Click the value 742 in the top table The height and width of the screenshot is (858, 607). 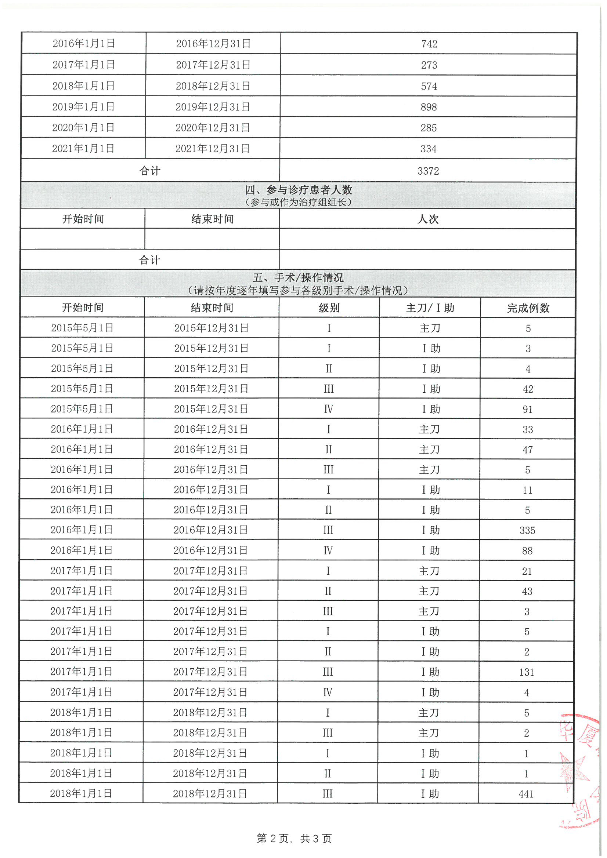click(x=429, y=44)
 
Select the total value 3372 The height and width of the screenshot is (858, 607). click(x=428, y=171)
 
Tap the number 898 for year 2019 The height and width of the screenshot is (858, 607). click(x=429, y=107)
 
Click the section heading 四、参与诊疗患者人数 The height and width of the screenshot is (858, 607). click(x=299, y=190)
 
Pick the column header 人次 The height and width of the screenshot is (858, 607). click(x=428, y=219)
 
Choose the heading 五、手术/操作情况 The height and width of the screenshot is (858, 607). click(x=298, y=278)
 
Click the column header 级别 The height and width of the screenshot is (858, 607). click(x=329, y=308)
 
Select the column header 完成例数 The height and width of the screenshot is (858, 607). click(x=528, y=308)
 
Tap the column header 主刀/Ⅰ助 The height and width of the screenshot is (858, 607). click(x=430, y=308)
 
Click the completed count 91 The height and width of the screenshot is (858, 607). click(x=528, y=410)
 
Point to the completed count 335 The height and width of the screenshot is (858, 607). click(x=527, y=531)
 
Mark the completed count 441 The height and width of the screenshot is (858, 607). click(x=526, y=794)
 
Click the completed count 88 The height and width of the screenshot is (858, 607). click(x=527, y=551)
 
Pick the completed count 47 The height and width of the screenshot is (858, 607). click(x=528, y=450)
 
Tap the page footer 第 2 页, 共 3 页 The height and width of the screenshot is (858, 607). click(x=295, y=839)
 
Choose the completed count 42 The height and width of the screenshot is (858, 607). click(x=528, y=389)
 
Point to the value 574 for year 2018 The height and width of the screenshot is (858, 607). click(x=429, y=86)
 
